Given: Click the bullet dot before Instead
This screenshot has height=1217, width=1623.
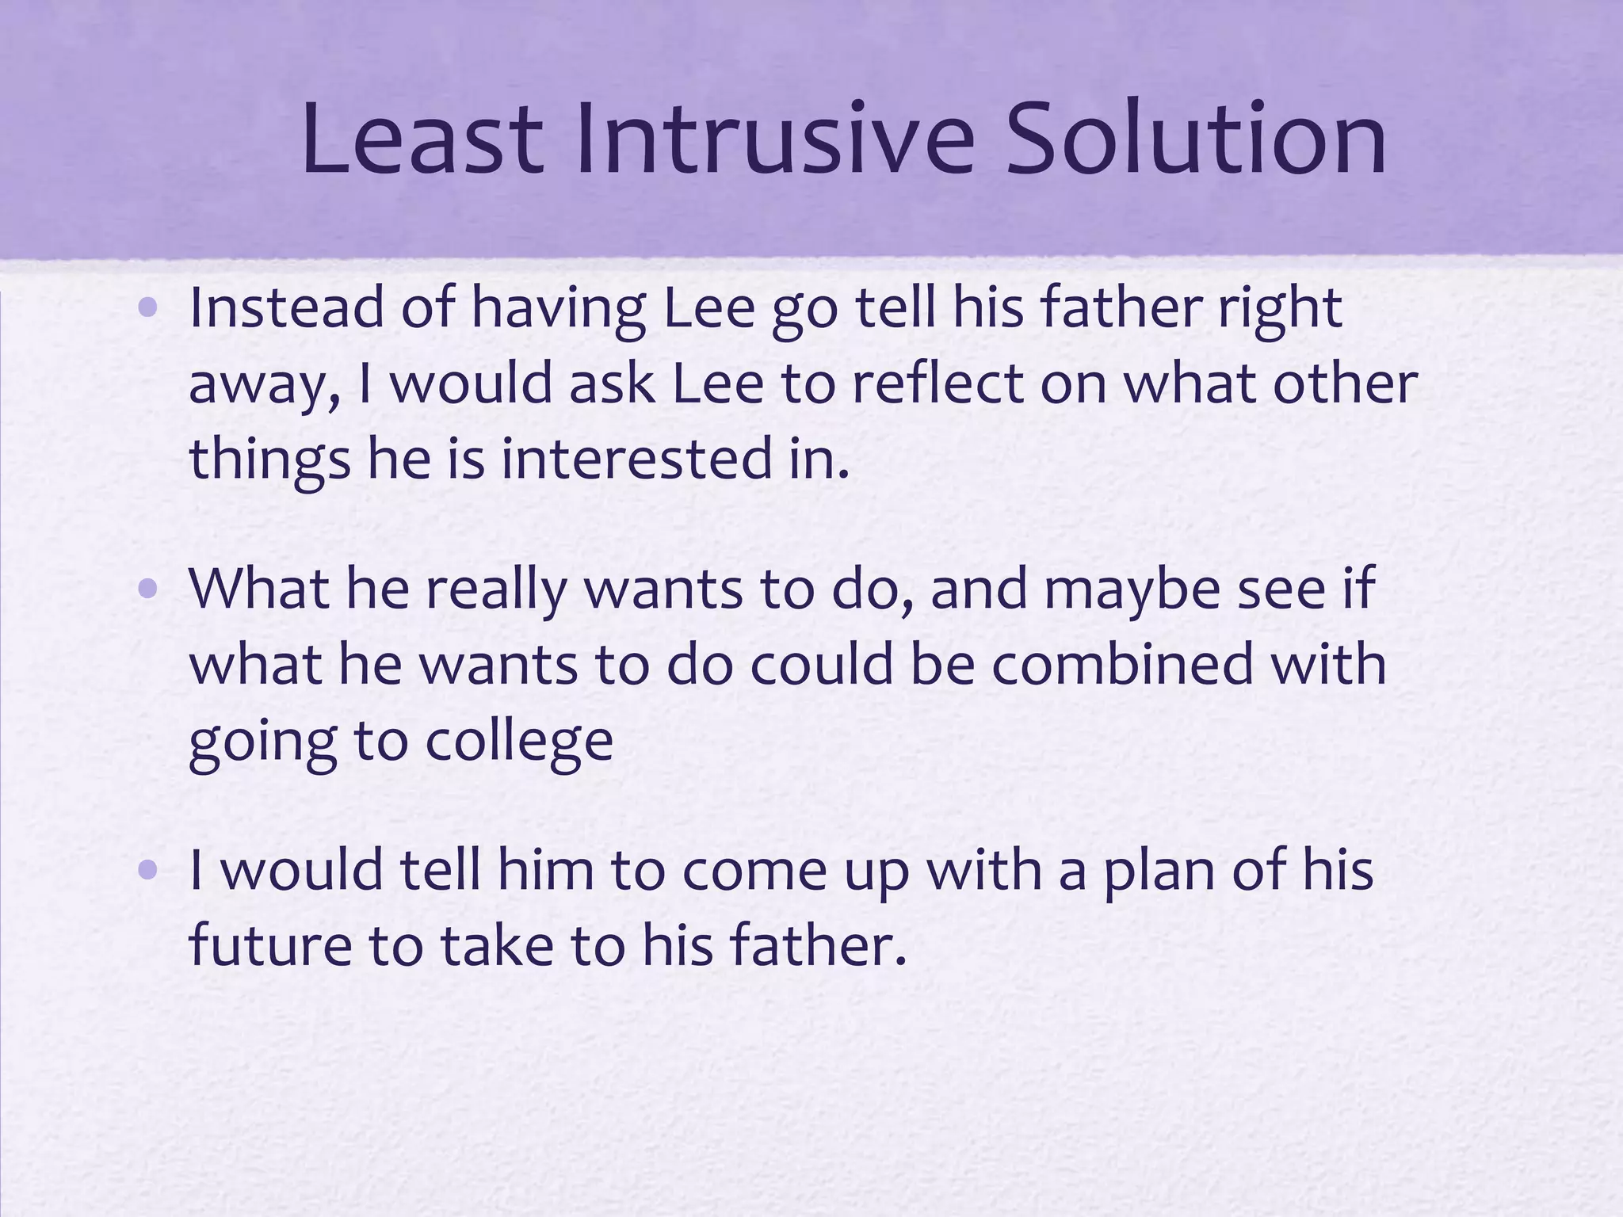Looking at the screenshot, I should click(x=147, y=309).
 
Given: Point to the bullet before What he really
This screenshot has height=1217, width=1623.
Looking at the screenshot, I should click(x=147, y=589).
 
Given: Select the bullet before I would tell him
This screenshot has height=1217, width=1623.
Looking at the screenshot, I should click(x=147, y=871).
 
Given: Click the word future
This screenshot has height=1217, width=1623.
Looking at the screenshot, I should click(x=269, y=947).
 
